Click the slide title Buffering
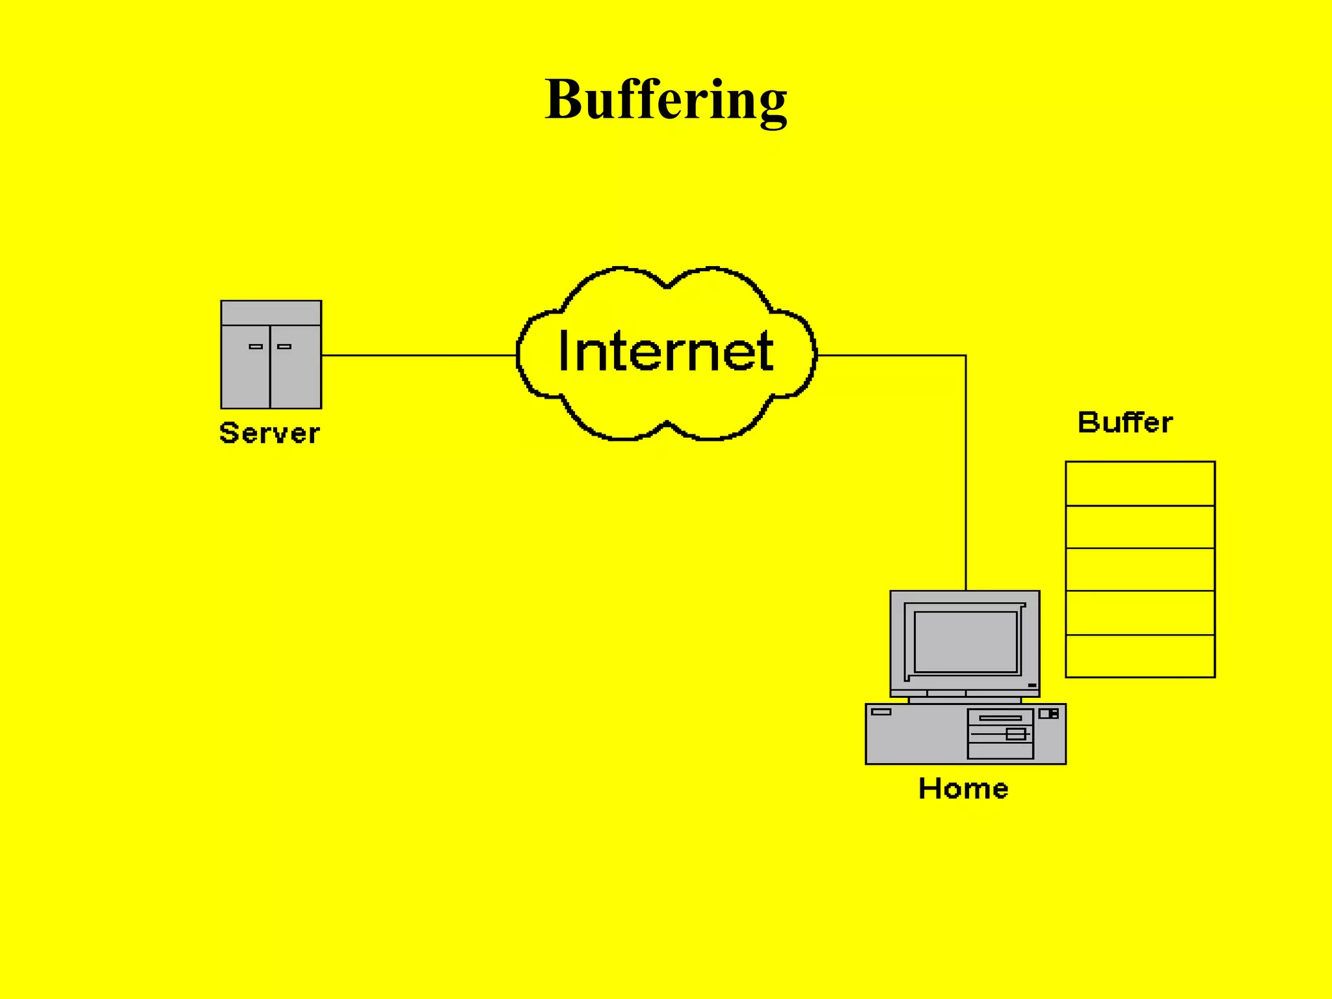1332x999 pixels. (x=665, y=99)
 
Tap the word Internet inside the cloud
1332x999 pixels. (x=665, y=351)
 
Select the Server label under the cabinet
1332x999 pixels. (x=269, y=433)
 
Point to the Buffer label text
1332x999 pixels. (x=1125, y=423)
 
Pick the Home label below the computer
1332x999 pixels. (x=963, y=788)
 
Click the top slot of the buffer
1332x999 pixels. (x=1140, y=484)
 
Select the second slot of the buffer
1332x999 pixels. (x=1140, y=527)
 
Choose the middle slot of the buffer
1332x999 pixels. (x=1140, y=570)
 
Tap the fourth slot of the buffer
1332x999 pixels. (x=1140, y=613)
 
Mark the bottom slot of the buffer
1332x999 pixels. (x=1140, y=656)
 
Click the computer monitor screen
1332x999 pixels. (x=966, y=642)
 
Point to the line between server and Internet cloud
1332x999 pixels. (x=420, y=356)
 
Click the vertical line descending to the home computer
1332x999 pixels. (x=966, y=475)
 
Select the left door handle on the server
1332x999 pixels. (x=256, y=347)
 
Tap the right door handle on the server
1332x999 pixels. (x=284, y=347)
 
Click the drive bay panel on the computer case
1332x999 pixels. (x=1000, y=734)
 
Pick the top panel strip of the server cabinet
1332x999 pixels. (x=271, y=313)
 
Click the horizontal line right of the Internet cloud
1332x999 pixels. (x=891, y=356)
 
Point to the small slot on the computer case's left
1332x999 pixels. (x=881, y=712)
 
